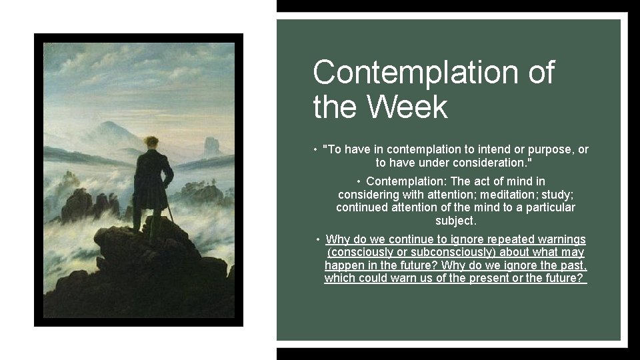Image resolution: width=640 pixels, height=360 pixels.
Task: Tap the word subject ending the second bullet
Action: click(456, 221)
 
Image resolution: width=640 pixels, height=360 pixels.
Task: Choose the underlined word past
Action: click(574, 265)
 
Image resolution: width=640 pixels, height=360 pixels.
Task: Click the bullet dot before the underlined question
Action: click(319, 239)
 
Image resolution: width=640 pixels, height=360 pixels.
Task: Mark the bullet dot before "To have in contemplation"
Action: click(314, 149)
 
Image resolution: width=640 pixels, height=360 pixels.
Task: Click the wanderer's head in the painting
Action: click(152, 143)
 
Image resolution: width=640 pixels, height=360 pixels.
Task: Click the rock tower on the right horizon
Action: click(212, 145)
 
